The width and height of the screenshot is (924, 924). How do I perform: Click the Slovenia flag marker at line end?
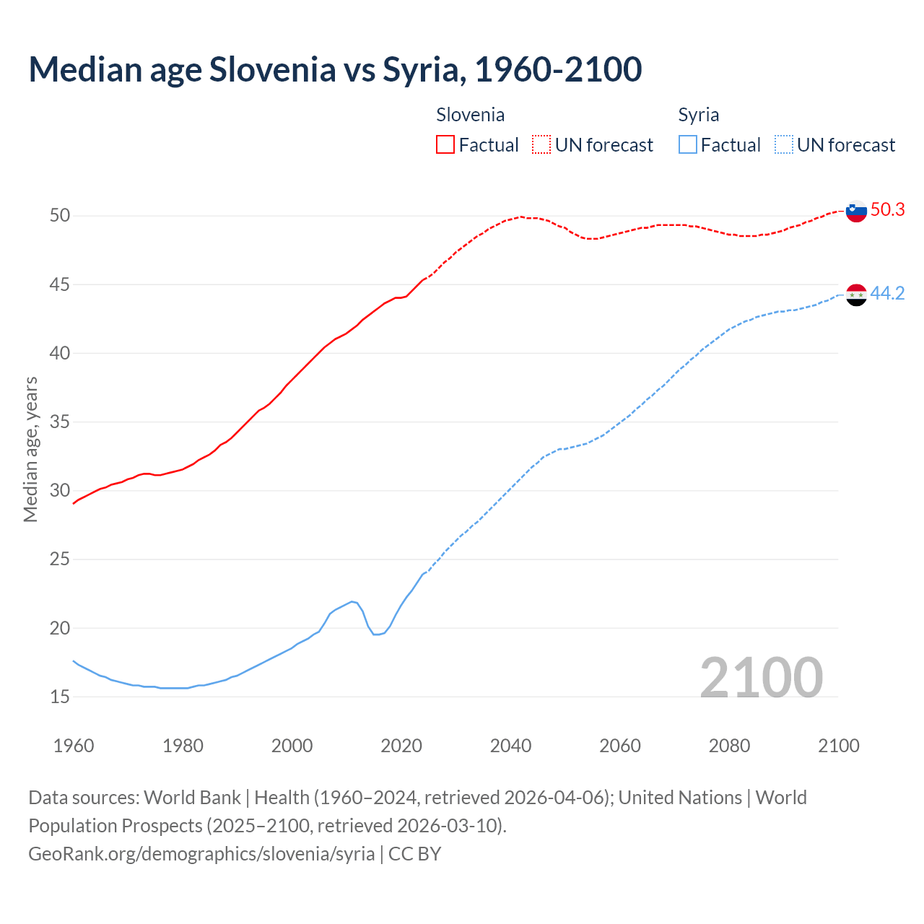[x=856, y=212]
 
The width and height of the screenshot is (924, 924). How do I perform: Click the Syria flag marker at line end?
[x=856, y=295]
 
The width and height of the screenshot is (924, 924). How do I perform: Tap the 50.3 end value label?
[x=887, y=210]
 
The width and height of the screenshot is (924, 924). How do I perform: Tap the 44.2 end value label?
[x=887, y=293]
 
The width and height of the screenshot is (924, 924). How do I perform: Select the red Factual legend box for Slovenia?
[x=445, y=145]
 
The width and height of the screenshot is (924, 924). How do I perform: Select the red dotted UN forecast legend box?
[x=541, y=145]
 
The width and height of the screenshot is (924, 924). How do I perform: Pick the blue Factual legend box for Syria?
[x=688, y=145]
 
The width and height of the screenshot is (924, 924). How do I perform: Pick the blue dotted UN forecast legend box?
[x=784, y=145]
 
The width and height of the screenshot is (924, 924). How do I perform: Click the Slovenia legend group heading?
[x=471, y=115]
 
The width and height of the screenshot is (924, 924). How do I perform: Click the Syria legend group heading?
[x=698, y=115]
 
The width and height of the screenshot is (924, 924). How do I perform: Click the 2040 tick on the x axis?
[x=510, y=746]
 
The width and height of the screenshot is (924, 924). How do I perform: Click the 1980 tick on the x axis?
[x=183, y=746]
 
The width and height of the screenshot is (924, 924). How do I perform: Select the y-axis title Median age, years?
[x=30, y=449]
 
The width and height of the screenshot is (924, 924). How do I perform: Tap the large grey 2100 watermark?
[x=762, y=677]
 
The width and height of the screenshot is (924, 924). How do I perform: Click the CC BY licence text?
[x=415, y=854]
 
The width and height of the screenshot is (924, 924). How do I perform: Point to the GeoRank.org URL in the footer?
[x=201, y=854]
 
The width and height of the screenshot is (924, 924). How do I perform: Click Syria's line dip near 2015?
[x=375, y=634]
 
